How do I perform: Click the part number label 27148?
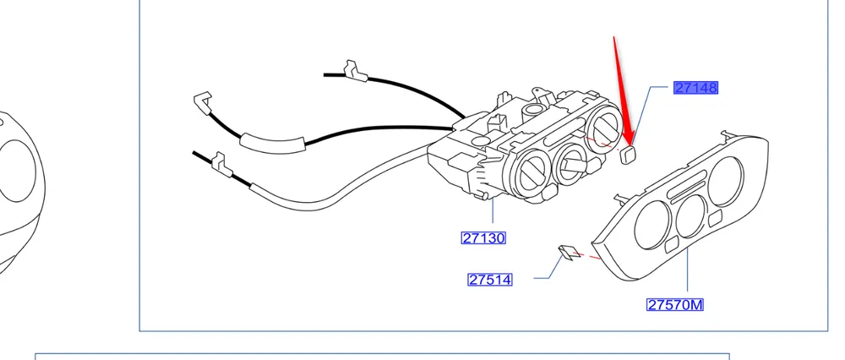695,88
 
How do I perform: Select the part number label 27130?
483,238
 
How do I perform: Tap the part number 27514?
490,279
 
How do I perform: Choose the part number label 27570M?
675,304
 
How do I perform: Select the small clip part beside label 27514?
568,252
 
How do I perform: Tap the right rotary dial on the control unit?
606,130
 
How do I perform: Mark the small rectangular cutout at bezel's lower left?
670,246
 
